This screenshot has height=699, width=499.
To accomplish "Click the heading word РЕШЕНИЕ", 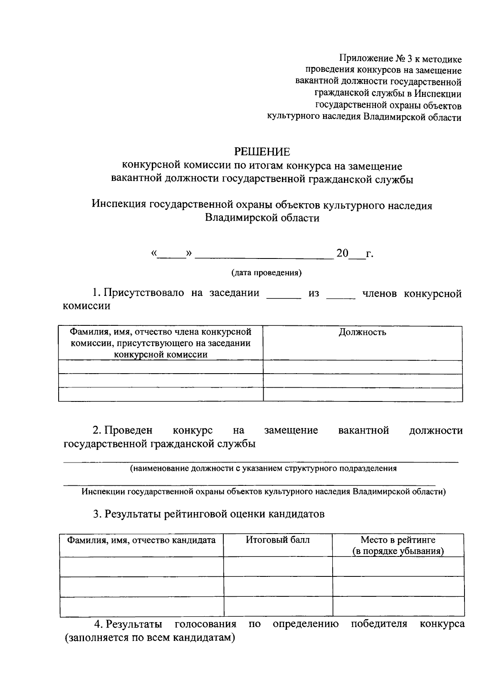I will click(x=262, y=151).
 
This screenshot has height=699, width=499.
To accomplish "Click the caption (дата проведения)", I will click(x=266, y=273).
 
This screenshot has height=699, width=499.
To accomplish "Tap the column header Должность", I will click(x=362, y=332).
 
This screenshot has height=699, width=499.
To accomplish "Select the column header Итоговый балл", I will click(x=278, y=540).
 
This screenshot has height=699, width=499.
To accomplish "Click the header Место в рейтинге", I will click(x=398, y=540).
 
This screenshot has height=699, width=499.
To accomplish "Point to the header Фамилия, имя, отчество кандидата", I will click(x=141, y=540).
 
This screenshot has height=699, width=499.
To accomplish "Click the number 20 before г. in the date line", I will click(x=342, y=253).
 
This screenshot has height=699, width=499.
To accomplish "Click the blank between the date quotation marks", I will click(x=171, y=254).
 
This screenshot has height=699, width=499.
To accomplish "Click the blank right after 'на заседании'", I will click(x=283, y=295).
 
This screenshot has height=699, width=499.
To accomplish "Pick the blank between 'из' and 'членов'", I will click(x=341, y=295).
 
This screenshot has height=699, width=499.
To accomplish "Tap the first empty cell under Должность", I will click(x=363, y=367).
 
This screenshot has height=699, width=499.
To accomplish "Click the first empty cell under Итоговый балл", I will click(x=278, y=566).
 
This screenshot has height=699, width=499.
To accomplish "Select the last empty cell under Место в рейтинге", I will click(x=398, y=606).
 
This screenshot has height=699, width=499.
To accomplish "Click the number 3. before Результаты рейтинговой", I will click(x=97, y=514).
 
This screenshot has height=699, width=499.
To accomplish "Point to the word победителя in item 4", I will click(x=379, y=624).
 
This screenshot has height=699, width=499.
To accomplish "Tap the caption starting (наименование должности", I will click(x=263, y=468).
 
